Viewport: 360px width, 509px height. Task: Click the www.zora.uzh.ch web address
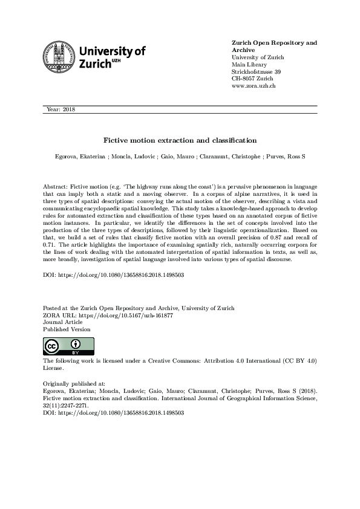pyautogui.click(x=254, y=86)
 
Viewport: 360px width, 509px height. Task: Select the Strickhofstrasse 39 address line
pyautogui.click(x=257, y=72)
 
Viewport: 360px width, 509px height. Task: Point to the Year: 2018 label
pyautogui.click(x=61, y=109)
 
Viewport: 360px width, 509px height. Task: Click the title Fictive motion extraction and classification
pyautogui.click(x=180, y=140)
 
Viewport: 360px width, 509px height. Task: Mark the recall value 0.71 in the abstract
pyautogui.click(x=51, y=246)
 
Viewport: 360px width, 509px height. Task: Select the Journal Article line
pyautogui.click(x=64, y=322)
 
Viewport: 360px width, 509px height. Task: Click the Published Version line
pyautogui.click(x=67, y=329)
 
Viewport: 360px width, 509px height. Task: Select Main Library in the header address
pyautogui.click(x=248, y=65)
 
